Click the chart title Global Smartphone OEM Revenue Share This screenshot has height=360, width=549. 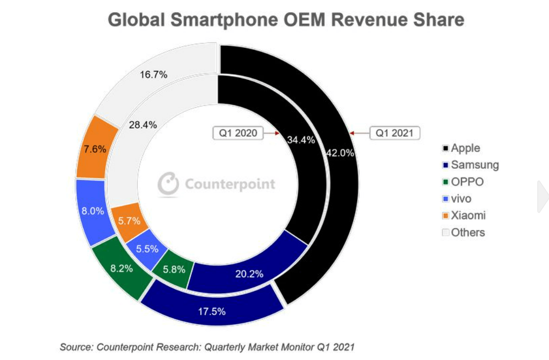point(286,20)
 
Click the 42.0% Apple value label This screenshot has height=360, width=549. point(339,153)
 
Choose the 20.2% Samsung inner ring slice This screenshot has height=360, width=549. point(249,274)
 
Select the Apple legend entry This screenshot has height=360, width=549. point(461,148)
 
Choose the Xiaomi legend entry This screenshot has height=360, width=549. point(464,216)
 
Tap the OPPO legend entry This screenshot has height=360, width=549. point(463,182)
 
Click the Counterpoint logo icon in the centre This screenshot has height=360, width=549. point(168,184)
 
